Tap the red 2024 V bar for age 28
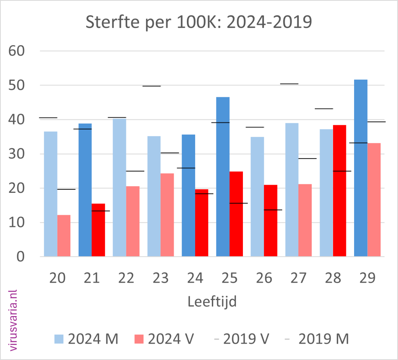click(340, 190)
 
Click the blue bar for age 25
click(223, 177)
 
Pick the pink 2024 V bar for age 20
click(64, 236)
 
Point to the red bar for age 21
click(98, 230)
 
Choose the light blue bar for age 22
click(119, 187)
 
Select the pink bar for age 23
click(167, 215)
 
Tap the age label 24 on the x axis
click(195, 278)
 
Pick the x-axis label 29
click(367, 278)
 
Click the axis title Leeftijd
click(212, 301)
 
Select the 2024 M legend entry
click(86, 339)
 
